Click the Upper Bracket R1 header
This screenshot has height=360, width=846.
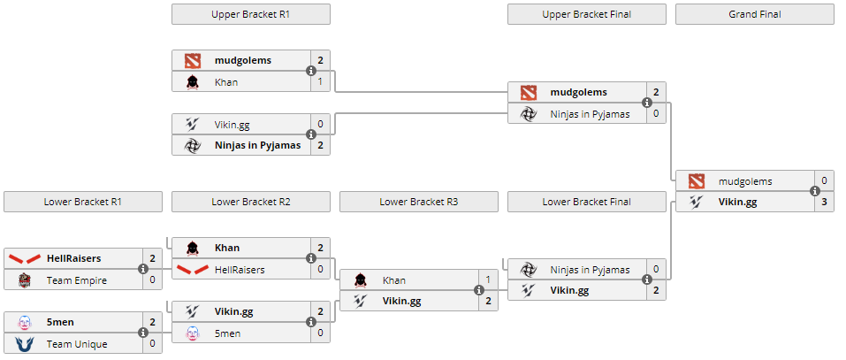point(250,14)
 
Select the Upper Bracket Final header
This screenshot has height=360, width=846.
point(586,14)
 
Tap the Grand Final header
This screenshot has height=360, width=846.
point(754,14)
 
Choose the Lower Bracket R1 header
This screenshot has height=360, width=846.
point(82,202)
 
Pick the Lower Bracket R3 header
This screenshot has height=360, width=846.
point(418,202)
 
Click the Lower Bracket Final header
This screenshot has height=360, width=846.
point(586,202)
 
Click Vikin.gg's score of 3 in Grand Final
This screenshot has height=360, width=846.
point(824,202)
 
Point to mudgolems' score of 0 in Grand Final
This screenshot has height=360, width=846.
point(824,180)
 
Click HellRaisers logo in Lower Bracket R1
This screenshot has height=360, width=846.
point(24,258)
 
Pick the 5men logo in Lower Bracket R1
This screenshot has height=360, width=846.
point(24,322)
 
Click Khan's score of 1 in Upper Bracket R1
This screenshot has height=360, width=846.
point(320,81)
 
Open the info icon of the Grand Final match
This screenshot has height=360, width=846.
point(815,191)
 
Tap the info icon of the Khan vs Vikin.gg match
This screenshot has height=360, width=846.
point(479,290)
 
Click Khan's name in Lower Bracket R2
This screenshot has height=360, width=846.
point(227,248)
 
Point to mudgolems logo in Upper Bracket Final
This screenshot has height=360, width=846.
point(528,92)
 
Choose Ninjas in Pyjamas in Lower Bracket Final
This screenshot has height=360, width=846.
point(590,269)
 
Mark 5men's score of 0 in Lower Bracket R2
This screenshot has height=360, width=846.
point(320,333)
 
